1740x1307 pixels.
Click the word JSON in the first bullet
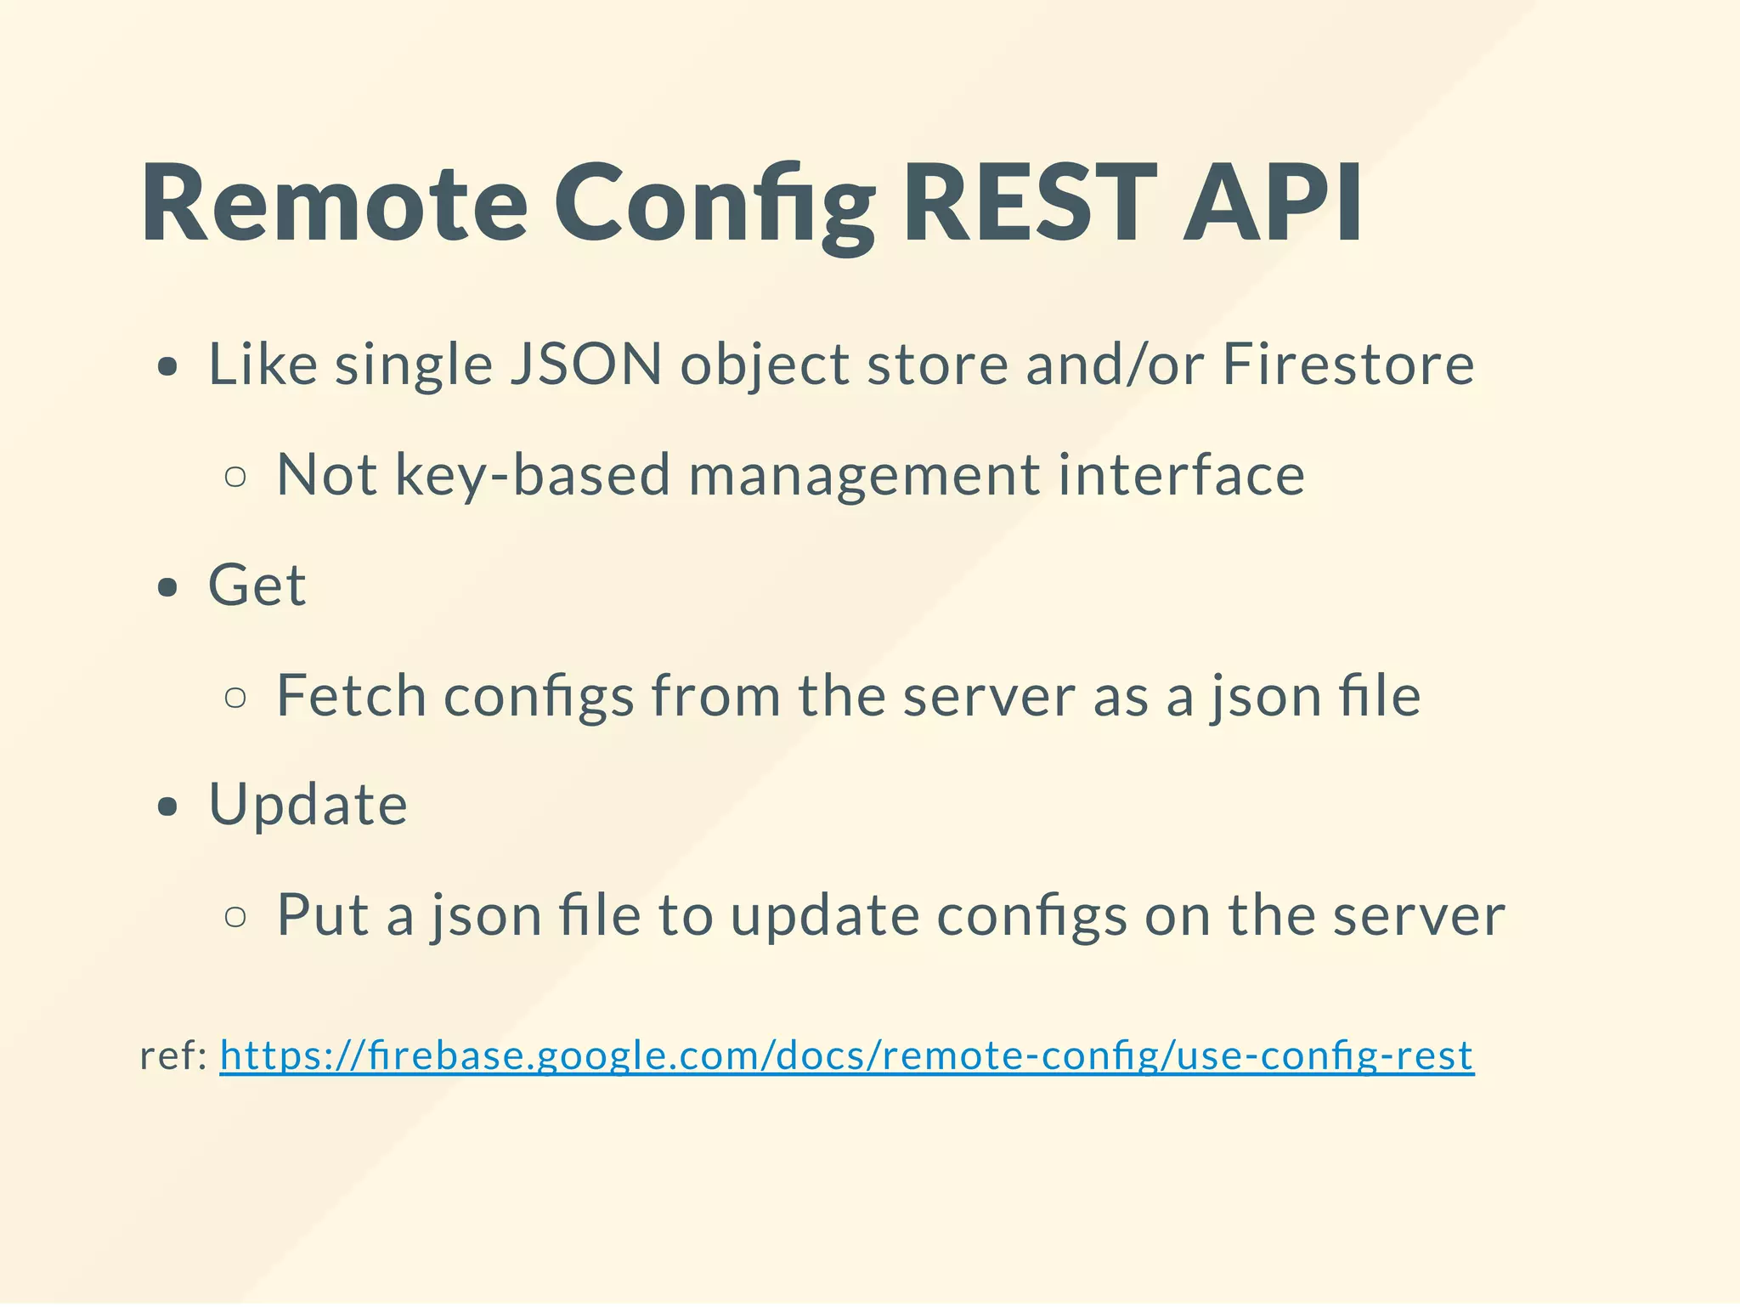pos(585,365)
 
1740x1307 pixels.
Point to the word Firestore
pos(1348,365)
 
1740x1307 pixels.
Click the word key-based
pos(533,474)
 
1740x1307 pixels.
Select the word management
pos(864,474)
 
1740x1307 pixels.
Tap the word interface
pos(1181,474)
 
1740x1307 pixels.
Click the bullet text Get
pos(257,586)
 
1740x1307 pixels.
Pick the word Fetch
pos(351,695)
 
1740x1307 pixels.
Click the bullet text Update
pos(308,805)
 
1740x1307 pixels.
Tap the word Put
pos(323,915)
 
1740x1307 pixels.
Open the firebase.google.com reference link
pos(846,1056)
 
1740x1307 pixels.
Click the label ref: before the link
pos(173,1056)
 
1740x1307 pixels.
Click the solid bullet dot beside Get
pos(168,587)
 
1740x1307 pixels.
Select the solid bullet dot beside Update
pos(168,806)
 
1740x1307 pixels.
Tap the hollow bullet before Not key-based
pos(235,477)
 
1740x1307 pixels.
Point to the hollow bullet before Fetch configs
pos(235,697)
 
